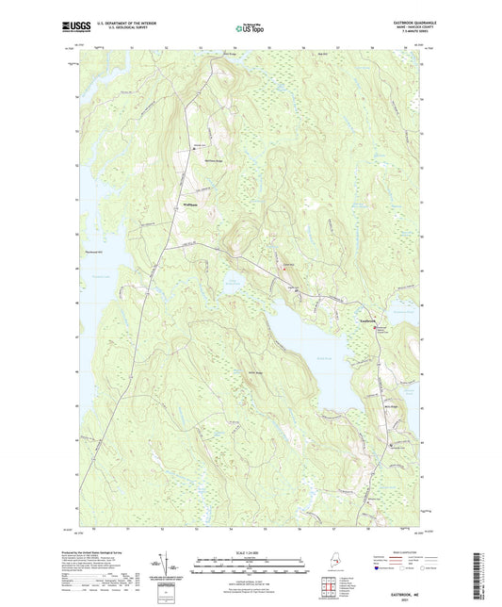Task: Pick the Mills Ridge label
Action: pos(369,408)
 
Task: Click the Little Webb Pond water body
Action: pos(230,283)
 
